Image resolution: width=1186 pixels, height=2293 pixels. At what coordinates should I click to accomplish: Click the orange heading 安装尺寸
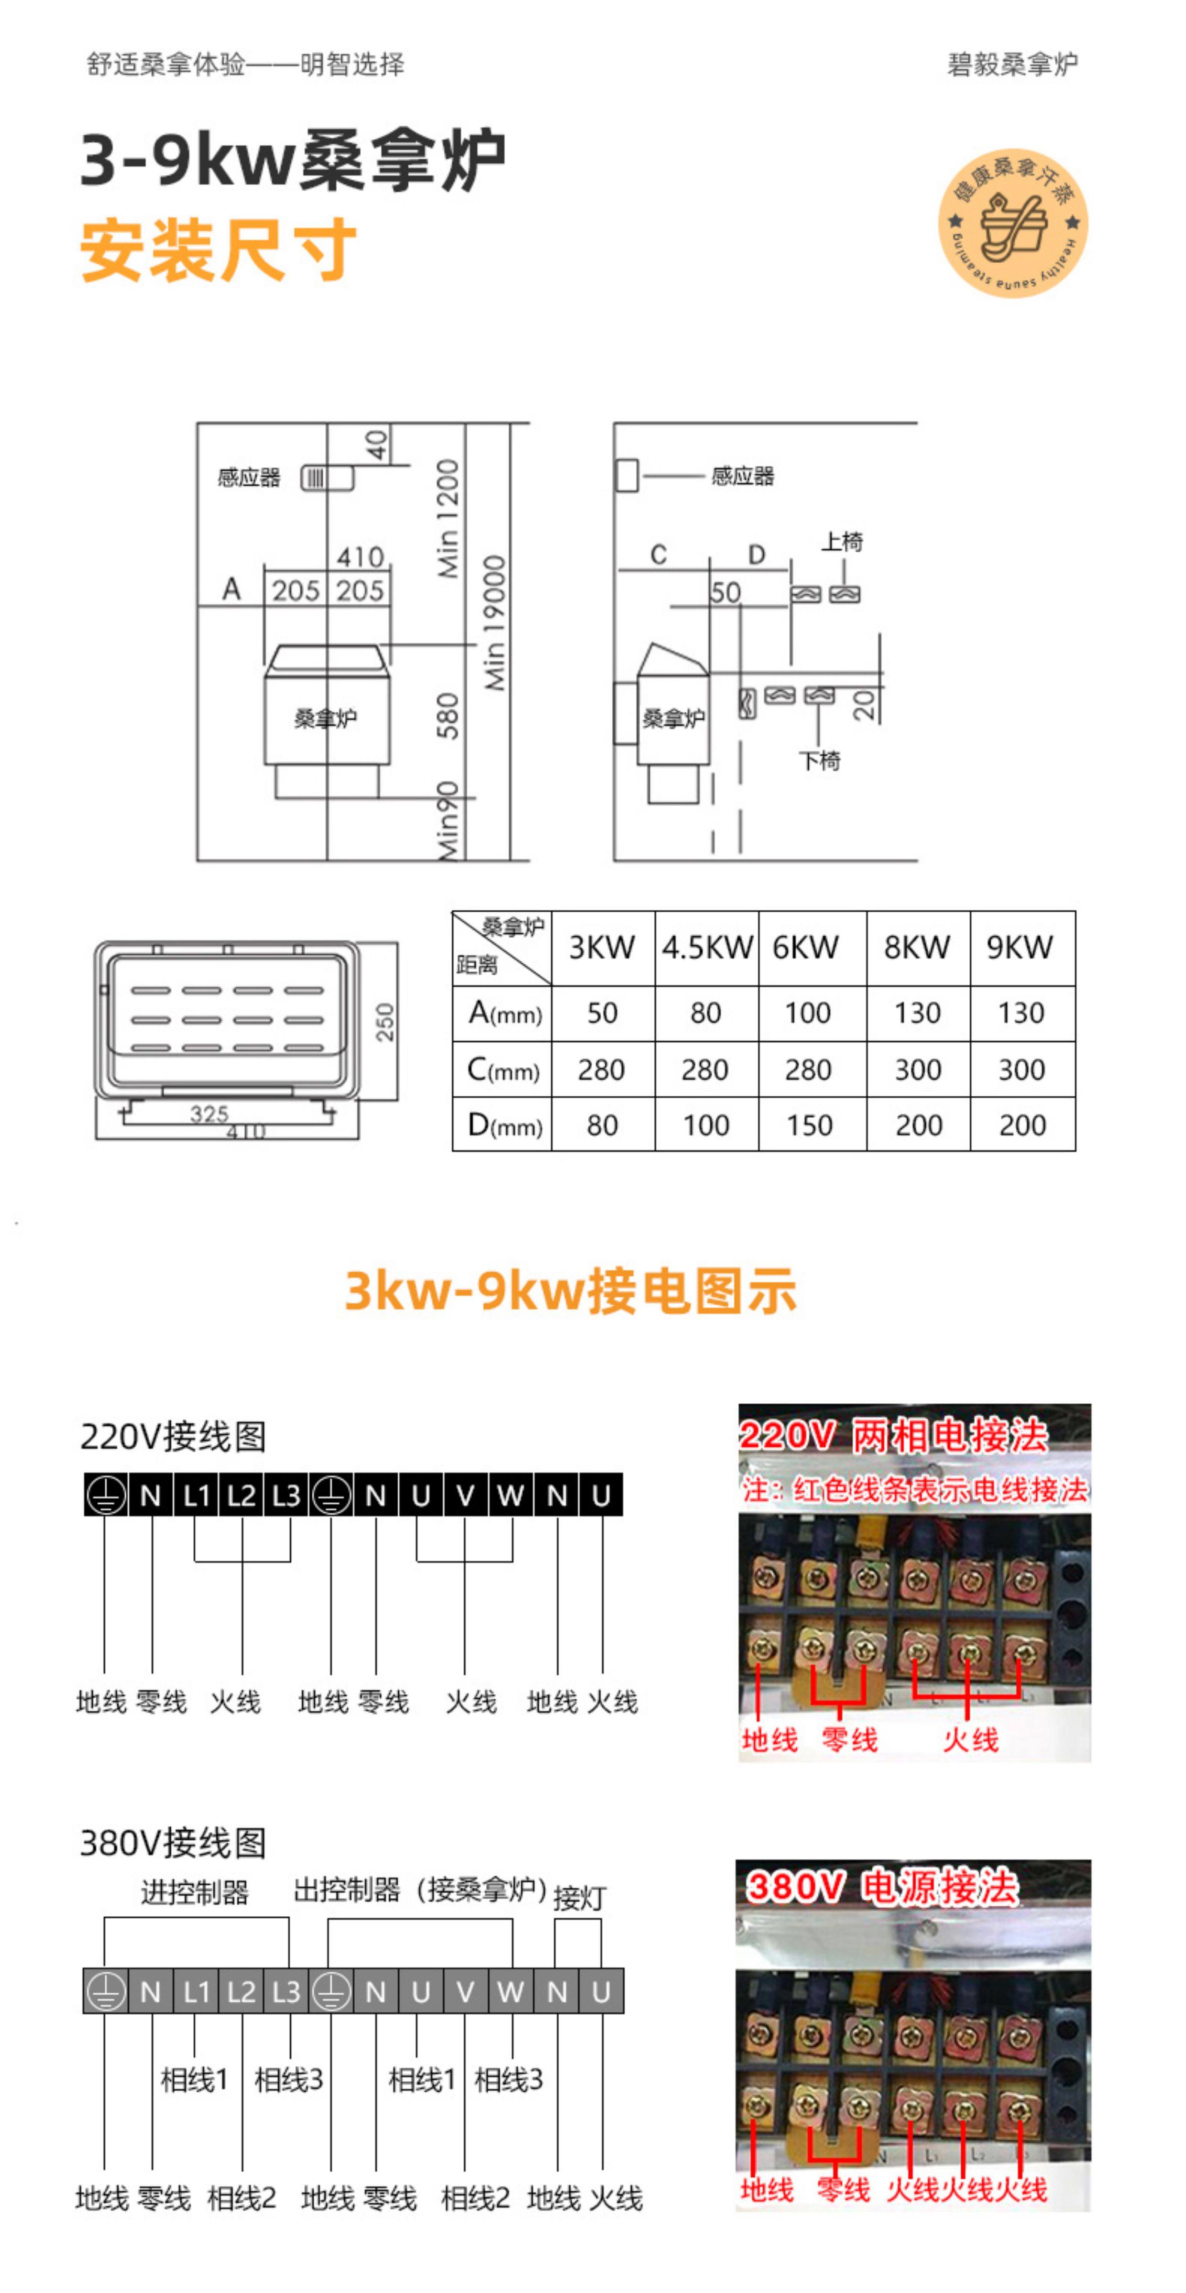click(x=218, y=251)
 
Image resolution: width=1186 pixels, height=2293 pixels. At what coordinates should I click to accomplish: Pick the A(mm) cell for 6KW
click(x=808, y=1013)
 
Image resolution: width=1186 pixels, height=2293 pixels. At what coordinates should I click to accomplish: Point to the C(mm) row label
click(x=503, y=1069)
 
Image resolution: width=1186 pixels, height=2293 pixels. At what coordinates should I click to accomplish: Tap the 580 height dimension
click(x=448, y=717)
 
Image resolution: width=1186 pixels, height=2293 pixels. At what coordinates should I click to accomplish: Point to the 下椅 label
click(x=819, y=760)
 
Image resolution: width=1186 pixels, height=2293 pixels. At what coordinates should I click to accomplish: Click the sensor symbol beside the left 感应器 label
click(x=326, y=478)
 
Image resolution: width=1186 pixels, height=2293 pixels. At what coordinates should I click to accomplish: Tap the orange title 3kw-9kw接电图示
click(x=571, y=1291)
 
